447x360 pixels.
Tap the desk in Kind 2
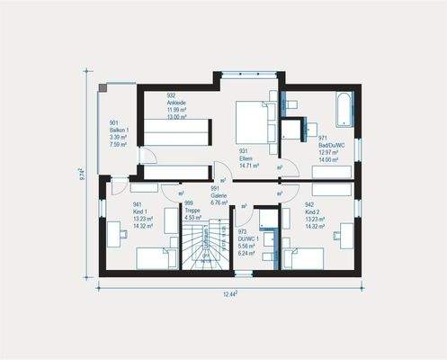point(345,236)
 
